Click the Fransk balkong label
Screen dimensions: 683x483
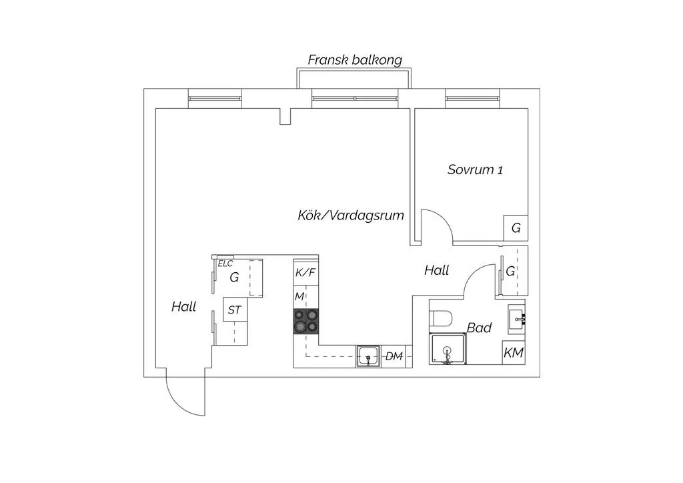tap(355, 60)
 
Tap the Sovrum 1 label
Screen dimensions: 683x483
tap(475, 169)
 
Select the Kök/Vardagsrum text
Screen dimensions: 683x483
tap(351, 215)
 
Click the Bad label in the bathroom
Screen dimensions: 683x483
tap(479, 328)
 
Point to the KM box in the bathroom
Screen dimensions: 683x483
tap(514, 352)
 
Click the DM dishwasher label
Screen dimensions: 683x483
tap(394, 356)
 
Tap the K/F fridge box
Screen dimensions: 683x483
tap(305, 273)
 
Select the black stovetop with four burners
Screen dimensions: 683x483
tap(305, 322)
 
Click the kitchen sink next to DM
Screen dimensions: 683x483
tap(368, 357)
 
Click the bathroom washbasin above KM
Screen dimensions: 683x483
tap(517, 320)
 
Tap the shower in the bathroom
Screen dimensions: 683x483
tap(448, 349)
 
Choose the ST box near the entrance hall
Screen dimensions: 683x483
tap(235, 310)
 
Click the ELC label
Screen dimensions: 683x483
tap(225, 264)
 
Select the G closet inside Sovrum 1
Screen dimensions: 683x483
tap(516, 227)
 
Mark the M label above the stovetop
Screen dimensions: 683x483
tap(299, 297)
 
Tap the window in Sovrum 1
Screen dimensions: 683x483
tap(472, 99)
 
